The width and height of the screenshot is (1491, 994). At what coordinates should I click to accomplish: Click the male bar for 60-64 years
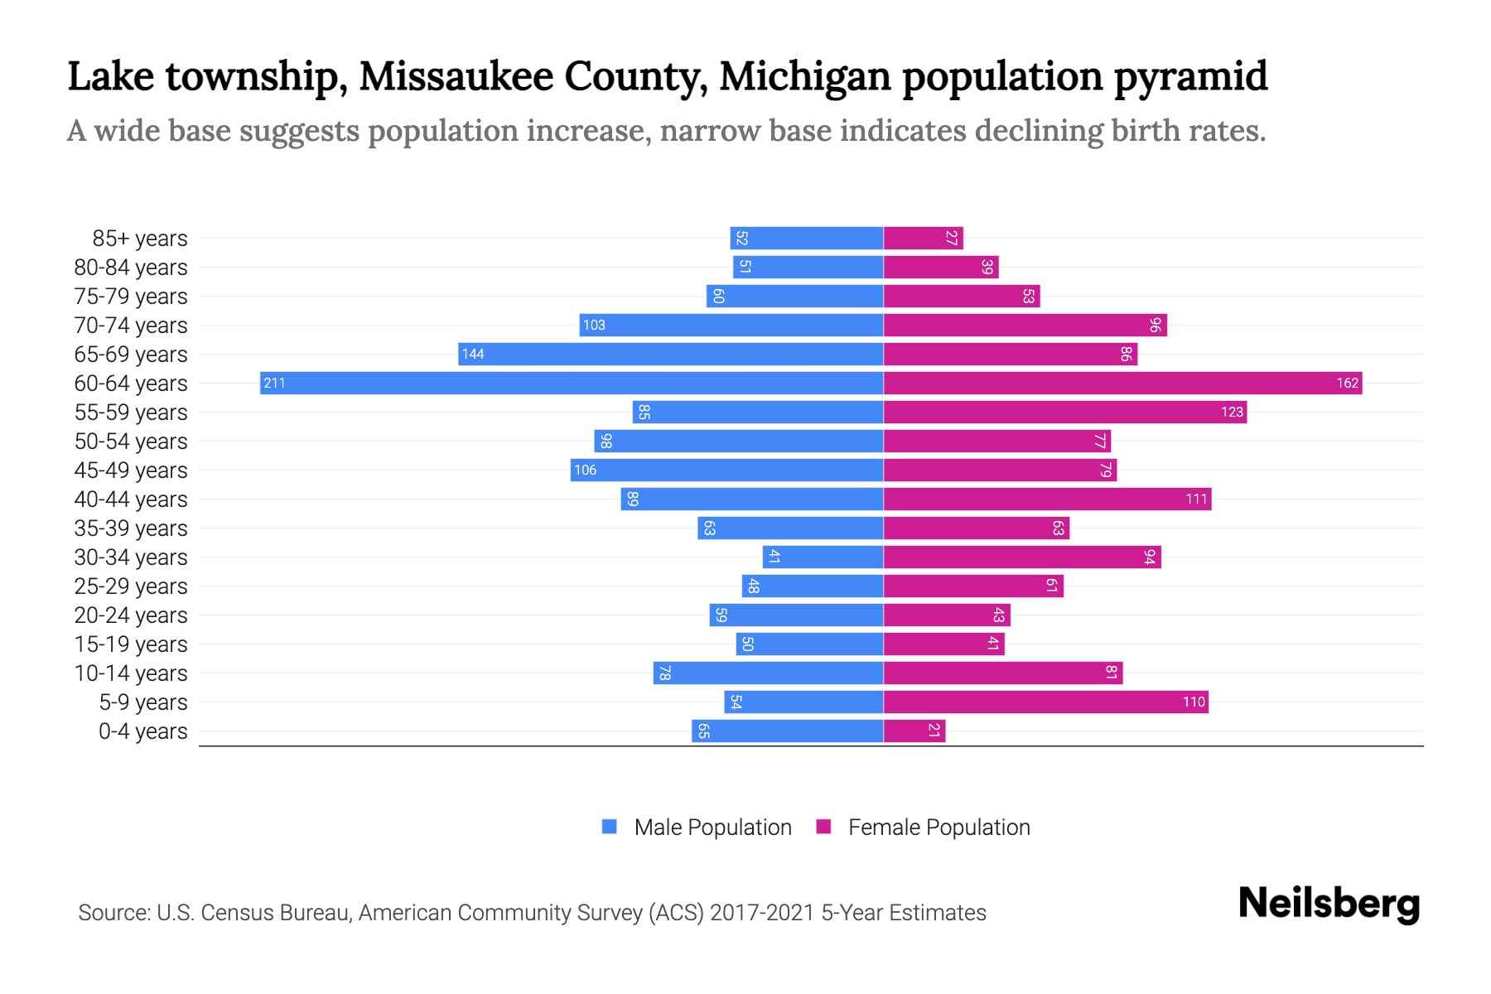[572, 383]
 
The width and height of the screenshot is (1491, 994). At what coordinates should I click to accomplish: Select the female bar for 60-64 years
[1122, 383]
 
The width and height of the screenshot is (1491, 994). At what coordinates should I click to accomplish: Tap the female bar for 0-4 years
[914, 731]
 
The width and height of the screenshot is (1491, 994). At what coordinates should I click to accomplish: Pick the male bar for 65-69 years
[671, 354]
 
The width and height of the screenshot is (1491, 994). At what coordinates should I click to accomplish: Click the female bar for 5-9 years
[1045, 702]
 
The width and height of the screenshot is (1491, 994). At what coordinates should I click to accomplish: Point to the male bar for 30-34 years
[823, 557]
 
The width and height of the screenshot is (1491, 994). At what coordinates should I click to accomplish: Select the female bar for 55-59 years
[1064, 412]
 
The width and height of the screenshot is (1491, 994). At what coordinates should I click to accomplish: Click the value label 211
[274, 383]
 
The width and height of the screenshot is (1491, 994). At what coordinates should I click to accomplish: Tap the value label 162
[1347, 383]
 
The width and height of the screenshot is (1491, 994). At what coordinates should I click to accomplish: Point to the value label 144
[473, 354]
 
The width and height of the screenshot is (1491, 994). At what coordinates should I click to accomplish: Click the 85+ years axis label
[139, 239]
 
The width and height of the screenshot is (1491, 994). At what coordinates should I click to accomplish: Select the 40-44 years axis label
[131, 499]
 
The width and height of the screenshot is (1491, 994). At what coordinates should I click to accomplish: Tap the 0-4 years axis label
[142, 731]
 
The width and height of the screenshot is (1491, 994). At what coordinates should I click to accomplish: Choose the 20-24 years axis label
[131, 615]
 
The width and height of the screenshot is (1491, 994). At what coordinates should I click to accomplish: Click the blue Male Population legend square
[610, 827]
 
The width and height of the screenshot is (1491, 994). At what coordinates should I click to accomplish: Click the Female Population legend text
[939, 827]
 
